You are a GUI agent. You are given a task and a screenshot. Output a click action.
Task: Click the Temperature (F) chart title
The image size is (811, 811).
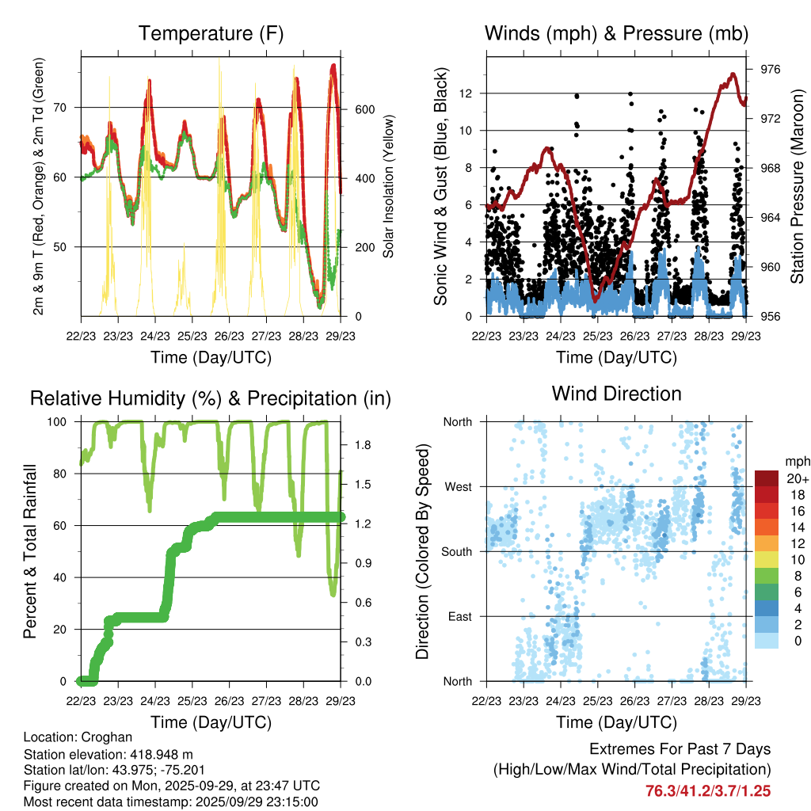click(211, 33)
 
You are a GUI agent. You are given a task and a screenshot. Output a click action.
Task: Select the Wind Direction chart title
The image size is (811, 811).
click(616, 393)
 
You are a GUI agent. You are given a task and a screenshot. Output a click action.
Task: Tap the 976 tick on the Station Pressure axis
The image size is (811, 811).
click(771, 69)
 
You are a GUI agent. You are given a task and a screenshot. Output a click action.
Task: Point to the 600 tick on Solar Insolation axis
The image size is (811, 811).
click(364, 109)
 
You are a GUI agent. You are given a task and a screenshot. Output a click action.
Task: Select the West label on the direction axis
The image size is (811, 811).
click(458, 486)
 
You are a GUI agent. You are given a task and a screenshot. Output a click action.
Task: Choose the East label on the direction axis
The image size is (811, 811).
click(459, 616)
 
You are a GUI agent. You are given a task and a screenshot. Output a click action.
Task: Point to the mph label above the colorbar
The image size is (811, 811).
click(795, 461)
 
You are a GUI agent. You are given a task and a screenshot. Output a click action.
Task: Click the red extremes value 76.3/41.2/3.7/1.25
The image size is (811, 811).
click(708, 790)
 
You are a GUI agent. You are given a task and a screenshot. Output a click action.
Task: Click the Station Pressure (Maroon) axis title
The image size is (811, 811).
click(797, 187)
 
